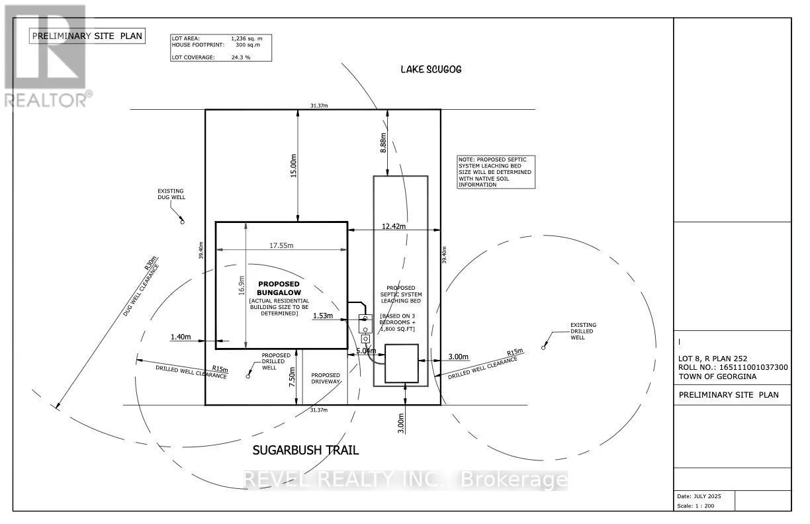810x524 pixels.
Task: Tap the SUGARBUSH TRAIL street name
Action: [306, 451]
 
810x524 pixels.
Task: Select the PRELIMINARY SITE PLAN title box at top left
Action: [87, 36]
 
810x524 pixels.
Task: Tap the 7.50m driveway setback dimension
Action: [292, 376]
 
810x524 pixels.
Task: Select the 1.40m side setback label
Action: [179, 337]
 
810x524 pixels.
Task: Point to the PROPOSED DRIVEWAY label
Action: [325, 378]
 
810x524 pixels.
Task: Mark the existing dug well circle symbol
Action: [183, 222]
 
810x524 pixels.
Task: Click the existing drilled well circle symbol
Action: [543, 347]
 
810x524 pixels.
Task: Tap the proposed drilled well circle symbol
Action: [248, 376]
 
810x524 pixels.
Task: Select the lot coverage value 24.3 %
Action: [240, 58]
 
